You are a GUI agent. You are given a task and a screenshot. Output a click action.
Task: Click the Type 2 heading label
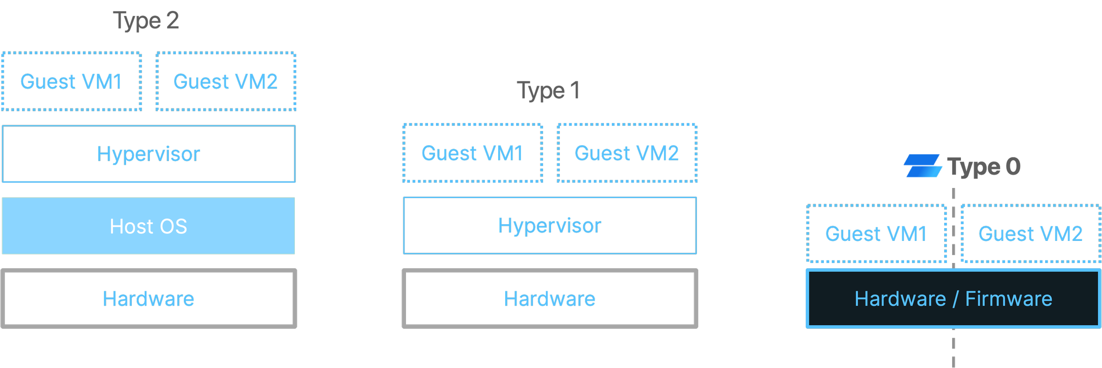(x=146, y=21)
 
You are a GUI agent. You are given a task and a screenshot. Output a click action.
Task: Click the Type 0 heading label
(x=985, y=167)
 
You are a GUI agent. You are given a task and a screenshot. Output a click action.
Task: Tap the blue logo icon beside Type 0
(x=922, y=169)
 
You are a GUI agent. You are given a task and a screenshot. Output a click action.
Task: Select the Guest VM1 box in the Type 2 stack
(x=71, y=82)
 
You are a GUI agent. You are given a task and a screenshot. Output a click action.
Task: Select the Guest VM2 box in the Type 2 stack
(x=226, y=82)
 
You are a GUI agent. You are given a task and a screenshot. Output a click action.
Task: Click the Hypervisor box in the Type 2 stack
(x=149, y=154)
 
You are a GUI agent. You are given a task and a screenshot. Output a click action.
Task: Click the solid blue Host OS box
(x=149, y=226)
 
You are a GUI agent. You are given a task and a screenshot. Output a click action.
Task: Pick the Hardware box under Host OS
(x=149, y=299)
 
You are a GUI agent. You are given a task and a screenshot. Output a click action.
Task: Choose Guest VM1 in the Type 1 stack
(x=473, y=153)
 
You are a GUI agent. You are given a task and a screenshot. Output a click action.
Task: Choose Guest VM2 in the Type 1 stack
(x=627, y=153)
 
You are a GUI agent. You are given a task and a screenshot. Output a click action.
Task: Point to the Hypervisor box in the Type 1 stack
(x=550, y=225)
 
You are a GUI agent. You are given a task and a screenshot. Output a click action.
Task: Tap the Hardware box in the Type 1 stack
(x=550, y=299)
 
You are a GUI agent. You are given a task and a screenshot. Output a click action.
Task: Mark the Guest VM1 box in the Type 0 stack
(x=876, y=234)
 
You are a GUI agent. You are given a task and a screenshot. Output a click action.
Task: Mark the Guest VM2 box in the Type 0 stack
(x=1030, y=234)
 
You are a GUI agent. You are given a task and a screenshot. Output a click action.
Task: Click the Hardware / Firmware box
(x=953, y=299)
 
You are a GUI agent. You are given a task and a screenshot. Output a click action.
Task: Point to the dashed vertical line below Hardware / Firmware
(x=953, y=351)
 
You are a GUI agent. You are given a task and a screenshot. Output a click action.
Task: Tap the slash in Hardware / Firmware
(x=955, y=299)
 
